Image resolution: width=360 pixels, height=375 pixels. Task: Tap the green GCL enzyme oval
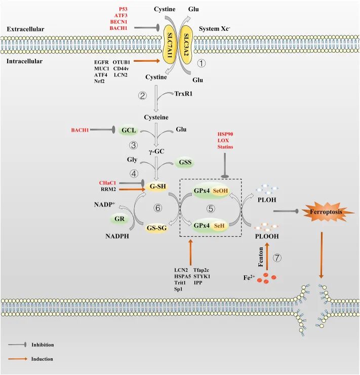[x=129, y=131]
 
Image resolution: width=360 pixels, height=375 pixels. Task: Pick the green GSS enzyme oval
[x=185, y=162]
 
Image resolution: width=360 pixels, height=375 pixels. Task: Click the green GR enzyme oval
[x=119, y=219]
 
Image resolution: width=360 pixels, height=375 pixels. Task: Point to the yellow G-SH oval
[x=157, y=186]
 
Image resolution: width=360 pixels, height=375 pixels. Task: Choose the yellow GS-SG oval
[x=156, y=228]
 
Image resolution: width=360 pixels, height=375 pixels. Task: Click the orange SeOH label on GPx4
[x=220, y=191]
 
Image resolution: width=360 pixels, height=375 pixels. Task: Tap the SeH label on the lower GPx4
[x=219, y=226]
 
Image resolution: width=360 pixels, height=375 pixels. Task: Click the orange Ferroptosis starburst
[x=326, y=212]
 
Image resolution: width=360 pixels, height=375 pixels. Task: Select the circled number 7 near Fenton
[x=277, y=258]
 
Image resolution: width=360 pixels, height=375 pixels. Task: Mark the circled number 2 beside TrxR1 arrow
[x=143, y=96]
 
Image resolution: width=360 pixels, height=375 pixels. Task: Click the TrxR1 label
[x=183, y=94]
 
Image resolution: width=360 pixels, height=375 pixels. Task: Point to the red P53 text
[x=123, y=9]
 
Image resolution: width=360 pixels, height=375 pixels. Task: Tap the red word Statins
[x=225, y=147]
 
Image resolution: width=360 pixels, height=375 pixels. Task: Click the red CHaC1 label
[x=107, y=183]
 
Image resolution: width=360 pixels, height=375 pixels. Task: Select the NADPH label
[x=117, y=236]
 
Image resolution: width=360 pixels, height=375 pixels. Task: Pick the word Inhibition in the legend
[x=43, y=345]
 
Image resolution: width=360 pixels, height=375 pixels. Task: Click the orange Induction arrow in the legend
[x=18, y=359]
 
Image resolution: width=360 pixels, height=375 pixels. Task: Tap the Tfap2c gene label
[x=201, y=270]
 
